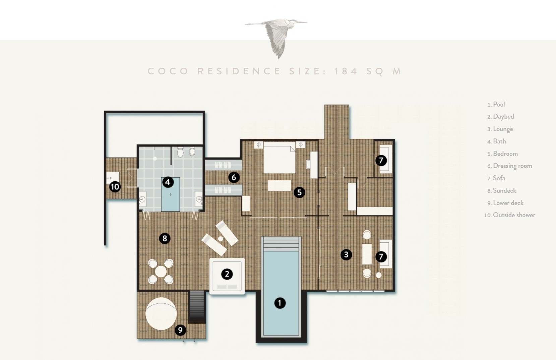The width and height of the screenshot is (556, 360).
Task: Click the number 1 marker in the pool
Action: coord(280,303)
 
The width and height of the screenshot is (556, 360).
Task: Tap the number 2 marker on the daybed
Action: coord(227,274)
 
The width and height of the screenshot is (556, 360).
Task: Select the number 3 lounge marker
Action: coord(346,254)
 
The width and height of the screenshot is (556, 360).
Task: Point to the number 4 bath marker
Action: coord(168,182)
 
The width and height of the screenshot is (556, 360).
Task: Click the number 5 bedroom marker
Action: coord(299,192)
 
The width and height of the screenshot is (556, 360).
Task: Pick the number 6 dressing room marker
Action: coord(234,178)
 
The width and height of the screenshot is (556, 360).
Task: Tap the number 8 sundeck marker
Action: coord(165,239)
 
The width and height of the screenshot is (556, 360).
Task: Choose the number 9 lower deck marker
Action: coord(180,330)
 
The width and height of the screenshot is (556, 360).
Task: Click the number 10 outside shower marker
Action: coord(115,187)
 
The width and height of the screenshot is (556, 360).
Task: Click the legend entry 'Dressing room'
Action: coord(512,166)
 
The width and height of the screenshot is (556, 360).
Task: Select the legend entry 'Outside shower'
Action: coord(514,215)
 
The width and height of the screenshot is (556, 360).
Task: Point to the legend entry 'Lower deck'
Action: coord(508,203)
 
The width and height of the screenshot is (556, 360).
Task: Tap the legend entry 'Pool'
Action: coord(499,104)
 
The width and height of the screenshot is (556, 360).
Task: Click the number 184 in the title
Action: coord(346,71)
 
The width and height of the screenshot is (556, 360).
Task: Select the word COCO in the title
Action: coord(168,71)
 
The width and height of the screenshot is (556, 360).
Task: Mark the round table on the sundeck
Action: coord(161,272)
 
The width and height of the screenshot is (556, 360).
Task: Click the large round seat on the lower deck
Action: coord(161,314)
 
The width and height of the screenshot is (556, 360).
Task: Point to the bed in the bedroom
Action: coord(280,158)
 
